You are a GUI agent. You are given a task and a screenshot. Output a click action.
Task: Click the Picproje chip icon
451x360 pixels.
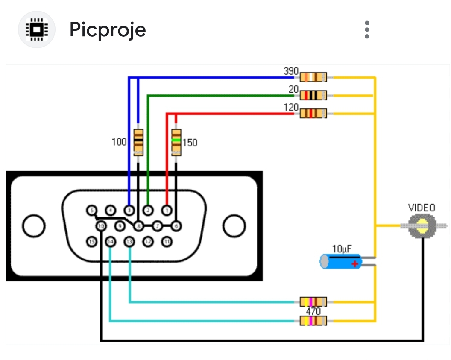tap(36, 29)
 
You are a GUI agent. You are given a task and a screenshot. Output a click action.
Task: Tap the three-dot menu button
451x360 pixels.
tap(367, 29)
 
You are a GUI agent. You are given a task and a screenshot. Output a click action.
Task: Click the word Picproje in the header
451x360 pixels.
tap(108, 29)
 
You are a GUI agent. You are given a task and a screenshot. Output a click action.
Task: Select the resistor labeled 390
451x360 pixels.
tap(313, 77)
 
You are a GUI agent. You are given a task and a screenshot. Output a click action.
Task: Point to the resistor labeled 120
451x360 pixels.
tap(313, 114)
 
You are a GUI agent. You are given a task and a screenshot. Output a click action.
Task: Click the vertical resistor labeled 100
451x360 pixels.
tap(138, 142)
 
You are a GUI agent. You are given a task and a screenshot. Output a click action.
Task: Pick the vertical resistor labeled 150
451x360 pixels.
tap(176, 142)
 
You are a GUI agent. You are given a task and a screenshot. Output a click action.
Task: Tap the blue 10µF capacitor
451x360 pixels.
tap(341, 261)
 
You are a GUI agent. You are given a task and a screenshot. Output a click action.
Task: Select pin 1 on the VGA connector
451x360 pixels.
tap(167, 210)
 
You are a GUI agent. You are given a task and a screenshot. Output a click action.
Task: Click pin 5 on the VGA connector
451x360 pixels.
tap(91, 210)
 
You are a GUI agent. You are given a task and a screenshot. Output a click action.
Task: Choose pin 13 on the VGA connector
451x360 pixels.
tap(129, 242)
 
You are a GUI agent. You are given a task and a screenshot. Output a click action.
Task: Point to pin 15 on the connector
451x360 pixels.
tap(91, 242)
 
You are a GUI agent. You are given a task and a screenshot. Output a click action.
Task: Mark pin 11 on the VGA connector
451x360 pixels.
tap(167, 242)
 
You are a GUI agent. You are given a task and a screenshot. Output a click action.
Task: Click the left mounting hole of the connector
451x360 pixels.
tap(34, 226)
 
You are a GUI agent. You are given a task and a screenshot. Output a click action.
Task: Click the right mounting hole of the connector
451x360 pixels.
tap(234, 226)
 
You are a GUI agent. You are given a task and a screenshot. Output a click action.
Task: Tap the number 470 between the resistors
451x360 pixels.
tap(313, 311)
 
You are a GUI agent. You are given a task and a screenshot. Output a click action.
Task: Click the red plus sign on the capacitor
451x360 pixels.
tap(354, 264)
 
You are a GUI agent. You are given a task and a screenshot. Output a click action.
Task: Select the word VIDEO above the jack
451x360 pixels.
tap(422, 208)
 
